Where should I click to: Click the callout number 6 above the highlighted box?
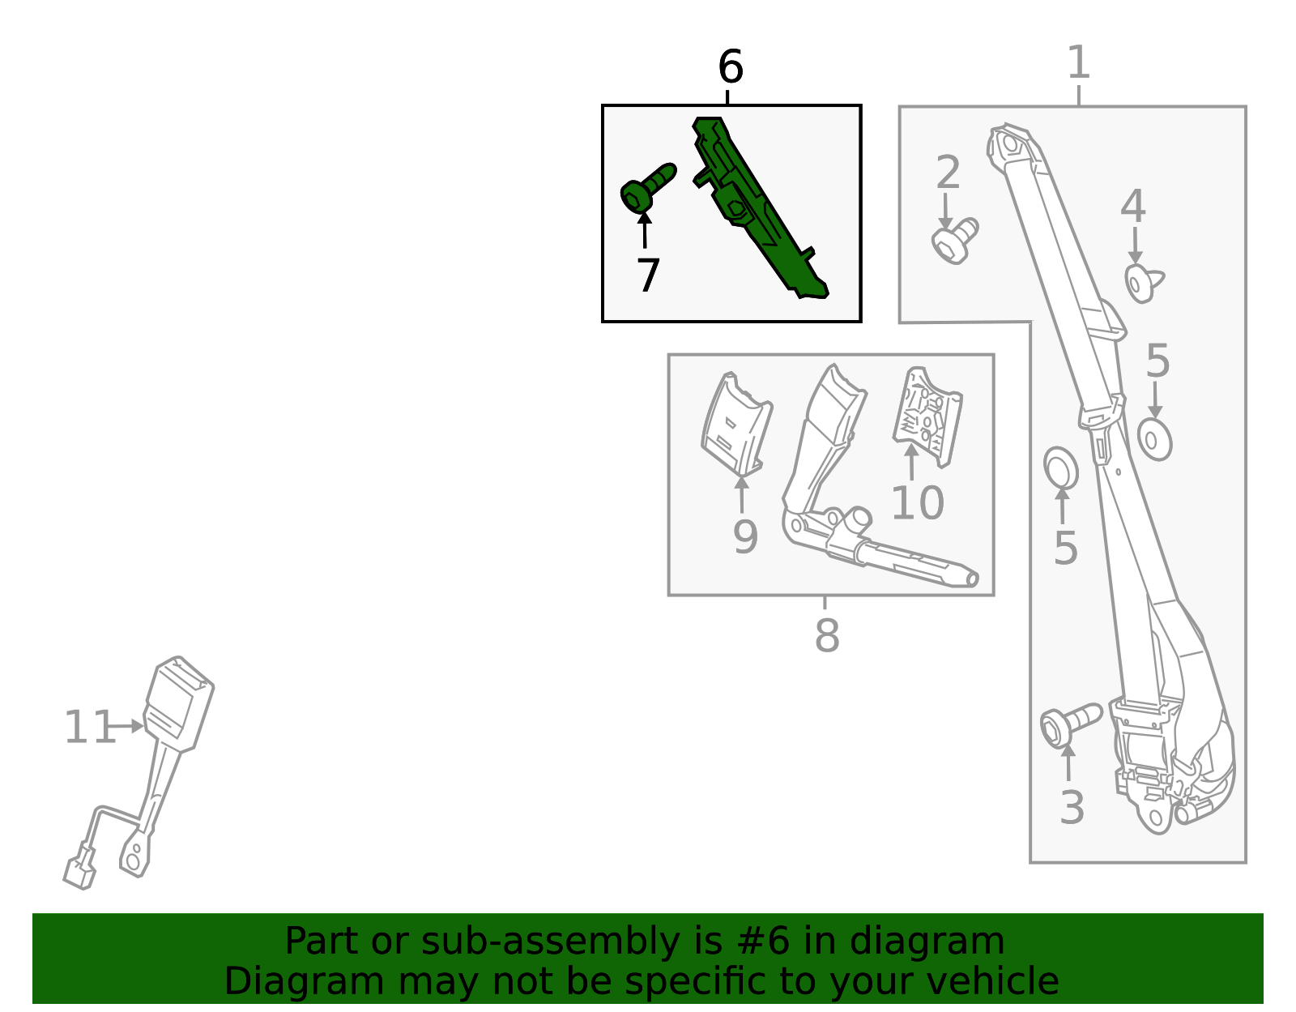[x=731, y=66]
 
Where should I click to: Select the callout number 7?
[x=648, y=275]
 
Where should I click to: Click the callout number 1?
[x=1079, y=62]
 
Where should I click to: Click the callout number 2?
[x=949, y=173]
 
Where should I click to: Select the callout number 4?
[x=1133, y=206]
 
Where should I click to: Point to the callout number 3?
[x=1072, y=808]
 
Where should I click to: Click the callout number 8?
[x=827, y=635]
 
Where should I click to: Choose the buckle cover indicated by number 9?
[x=736, y=425]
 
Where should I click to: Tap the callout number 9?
[x=745, y=537]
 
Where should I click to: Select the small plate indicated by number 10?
[x=927, y=416]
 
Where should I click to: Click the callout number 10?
[x=917, y=502]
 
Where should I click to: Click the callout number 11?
[x=89, y=727]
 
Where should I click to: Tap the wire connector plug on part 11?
[x=80, y=873]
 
